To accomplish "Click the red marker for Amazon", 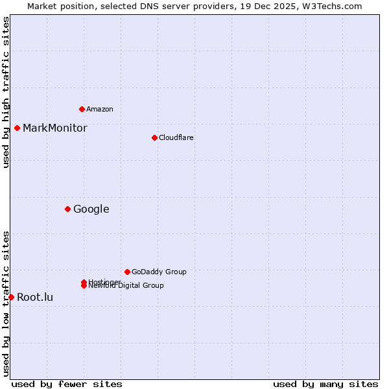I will [x=82, y=109].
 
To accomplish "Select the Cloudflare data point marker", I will [x=154, y=137].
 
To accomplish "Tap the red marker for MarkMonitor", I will [x=17, y=128].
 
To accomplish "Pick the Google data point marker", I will [x=67, y=209].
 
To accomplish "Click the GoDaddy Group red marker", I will [x=127, y=272].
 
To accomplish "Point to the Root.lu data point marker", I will [x=11, y=297].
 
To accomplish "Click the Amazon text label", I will [x=100, y=109].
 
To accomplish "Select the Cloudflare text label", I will [x=176, y=137].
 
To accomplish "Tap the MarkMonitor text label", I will [x=54, y=128].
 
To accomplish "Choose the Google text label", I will [x=91, y=209].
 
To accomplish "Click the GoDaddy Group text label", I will [x=159, y=272].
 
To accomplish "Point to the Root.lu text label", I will [x=35, y=297].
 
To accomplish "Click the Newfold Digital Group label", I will [x=127, y=286].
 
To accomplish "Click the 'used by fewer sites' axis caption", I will [x=67, y=384].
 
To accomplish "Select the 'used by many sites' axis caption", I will [x=325, y=384].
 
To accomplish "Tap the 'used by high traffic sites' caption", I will [x=6, y=92].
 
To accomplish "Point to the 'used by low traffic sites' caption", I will [x=6, y=303].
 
